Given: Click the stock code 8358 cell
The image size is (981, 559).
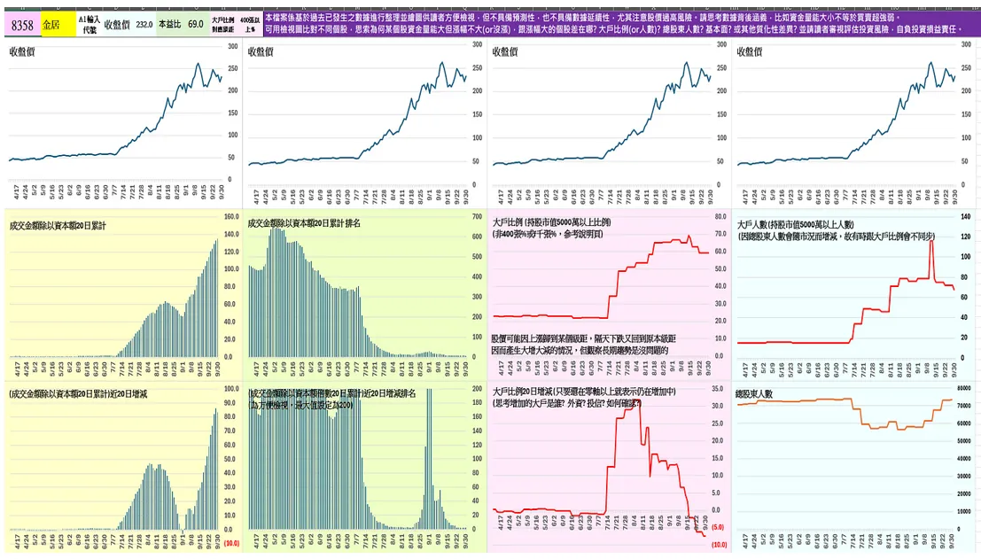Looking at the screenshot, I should (22, 25).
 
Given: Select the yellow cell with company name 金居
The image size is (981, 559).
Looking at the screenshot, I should (52, 25).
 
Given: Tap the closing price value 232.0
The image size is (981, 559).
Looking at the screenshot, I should (144, 25).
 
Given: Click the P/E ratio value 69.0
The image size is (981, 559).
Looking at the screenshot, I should (195, 25).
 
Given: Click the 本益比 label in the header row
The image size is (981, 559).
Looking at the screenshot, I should (168, 25).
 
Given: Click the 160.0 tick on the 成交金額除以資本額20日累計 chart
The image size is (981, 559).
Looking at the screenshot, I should (231, 216).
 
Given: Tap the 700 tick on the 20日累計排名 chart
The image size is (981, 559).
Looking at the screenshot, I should (475, 216).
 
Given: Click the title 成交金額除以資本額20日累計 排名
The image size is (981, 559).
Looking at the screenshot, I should (304, 223).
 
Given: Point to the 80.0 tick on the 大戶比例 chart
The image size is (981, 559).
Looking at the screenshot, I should (720, 216).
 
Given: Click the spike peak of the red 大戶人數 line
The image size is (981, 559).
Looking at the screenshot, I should (931, 241).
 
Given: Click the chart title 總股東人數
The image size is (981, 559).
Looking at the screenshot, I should (755, 393).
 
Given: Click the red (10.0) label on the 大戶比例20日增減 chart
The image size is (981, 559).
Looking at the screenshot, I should (719, 544).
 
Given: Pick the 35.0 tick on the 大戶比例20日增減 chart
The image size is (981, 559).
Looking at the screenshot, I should (720, 388).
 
